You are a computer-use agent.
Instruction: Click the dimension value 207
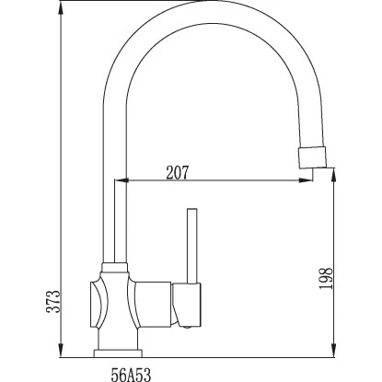pos(177,172)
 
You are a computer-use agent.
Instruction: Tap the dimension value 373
pos(52,301)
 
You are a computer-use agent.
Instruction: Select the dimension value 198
pos(326,278)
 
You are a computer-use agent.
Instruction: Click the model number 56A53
pos(131,375)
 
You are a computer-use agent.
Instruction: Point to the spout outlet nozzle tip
pos(312,157)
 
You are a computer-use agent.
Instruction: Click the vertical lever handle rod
pos(192,246)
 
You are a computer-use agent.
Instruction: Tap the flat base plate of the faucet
pos(118,353)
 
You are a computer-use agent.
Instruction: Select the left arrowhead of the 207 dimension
pos(121,180)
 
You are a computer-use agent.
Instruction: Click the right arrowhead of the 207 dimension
pos(306,180)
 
